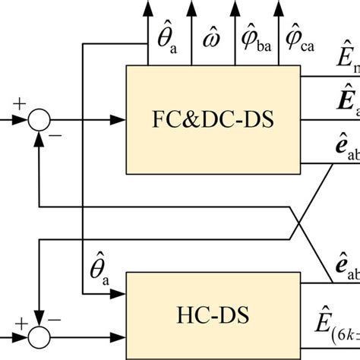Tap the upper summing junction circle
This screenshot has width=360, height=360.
tap(38, 119)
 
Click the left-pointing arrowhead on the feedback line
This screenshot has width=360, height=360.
tap(43, 204)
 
